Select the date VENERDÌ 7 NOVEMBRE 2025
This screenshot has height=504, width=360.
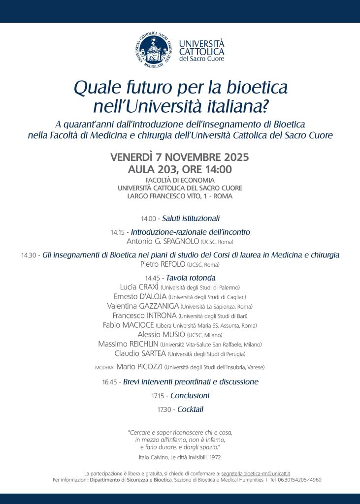[x=180, y=158]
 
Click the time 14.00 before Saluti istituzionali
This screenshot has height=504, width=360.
[x=148, y=219]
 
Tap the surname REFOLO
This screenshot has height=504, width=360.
[x=170, y=265]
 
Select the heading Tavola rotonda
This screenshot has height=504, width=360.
[x=187, y=278]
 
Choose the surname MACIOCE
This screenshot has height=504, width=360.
[x=137, y=325]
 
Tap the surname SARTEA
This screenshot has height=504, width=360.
[x=151, y=353]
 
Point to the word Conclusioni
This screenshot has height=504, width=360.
[x=190, y=396]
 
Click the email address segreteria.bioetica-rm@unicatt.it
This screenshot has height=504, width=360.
[x=256, y=472]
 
